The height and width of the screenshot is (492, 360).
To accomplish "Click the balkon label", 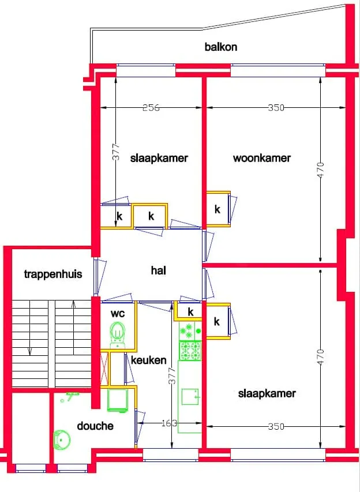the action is [220, 47].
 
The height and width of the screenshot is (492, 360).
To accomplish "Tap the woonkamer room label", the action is [262, 157].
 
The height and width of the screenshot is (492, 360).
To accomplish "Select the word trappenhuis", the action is [53, 274].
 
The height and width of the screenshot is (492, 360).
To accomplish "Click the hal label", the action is [159, 270].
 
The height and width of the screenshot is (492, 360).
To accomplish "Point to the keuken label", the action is [148, 360].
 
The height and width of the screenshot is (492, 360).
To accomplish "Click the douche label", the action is [95, 426].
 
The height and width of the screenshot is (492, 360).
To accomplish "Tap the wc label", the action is [118, 313].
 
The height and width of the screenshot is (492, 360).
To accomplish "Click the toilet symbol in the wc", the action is [118, 335].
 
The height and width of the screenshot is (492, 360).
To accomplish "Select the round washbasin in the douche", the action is [62, 440].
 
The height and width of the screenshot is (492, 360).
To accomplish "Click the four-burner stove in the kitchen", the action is [190, 351].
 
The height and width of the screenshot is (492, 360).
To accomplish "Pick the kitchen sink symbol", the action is [190, 397].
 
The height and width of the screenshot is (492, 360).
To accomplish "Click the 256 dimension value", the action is [151, 108].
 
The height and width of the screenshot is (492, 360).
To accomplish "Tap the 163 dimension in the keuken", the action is [169, 423].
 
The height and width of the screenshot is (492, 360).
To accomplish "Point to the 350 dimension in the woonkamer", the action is [276, 108].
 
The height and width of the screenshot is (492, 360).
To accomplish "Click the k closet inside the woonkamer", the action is [218, 209].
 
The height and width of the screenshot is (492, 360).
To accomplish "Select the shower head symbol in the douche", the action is [70, 396].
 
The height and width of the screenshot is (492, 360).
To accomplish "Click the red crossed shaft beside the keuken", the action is [104, 368].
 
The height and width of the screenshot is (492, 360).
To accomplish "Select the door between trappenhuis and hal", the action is [98, 276].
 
